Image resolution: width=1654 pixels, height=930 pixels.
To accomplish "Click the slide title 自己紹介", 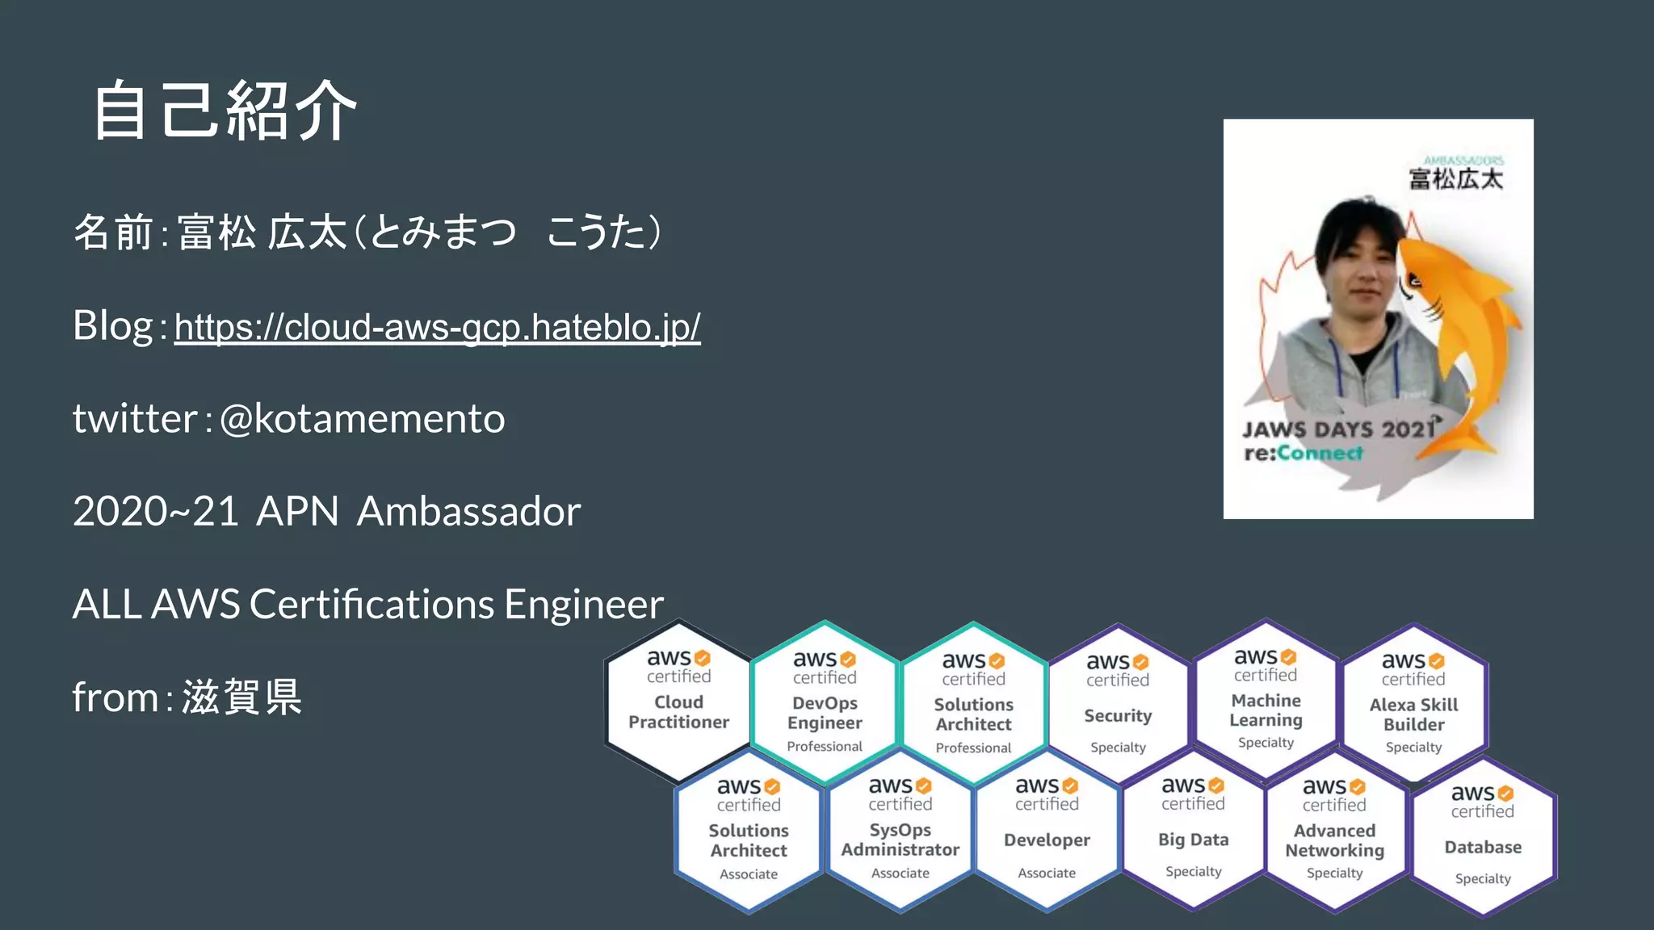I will [x=225, y=111].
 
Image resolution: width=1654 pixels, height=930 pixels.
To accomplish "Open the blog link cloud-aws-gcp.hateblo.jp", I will [x=437, y=327].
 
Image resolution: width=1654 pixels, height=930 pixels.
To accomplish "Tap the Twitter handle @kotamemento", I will [x=362, y=418].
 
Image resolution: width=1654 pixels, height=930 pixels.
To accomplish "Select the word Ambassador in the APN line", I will [x=468, y=511].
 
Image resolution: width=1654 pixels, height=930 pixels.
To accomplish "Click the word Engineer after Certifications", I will [x=583, y=604].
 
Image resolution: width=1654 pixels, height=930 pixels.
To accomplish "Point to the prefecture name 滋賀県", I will [x=241, y=697].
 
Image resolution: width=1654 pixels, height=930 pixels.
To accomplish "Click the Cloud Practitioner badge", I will [x=678, y=701].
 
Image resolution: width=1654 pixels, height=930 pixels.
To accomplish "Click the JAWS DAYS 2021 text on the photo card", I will [x=1337, y=429].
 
